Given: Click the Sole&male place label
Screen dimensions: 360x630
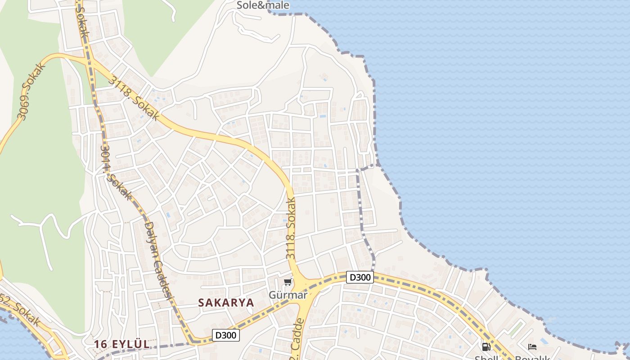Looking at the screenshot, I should click(263, 5).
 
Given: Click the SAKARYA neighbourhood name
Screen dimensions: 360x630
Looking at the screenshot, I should click(226, 303).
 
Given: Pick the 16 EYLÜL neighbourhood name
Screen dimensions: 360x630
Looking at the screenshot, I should click(121, 344).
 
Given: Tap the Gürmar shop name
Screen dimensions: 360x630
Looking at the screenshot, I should click(288, 295).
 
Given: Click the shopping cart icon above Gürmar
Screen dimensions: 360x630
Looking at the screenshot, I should click(288, 282).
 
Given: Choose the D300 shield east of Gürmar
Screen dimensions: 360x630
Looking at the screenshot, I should click(360, 277).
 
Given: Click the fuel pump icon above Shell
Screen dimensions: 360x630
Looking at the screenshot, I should click(486, 347).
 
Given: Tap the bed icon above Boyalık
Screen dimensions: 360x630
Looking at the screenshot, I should click(532, 347).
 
